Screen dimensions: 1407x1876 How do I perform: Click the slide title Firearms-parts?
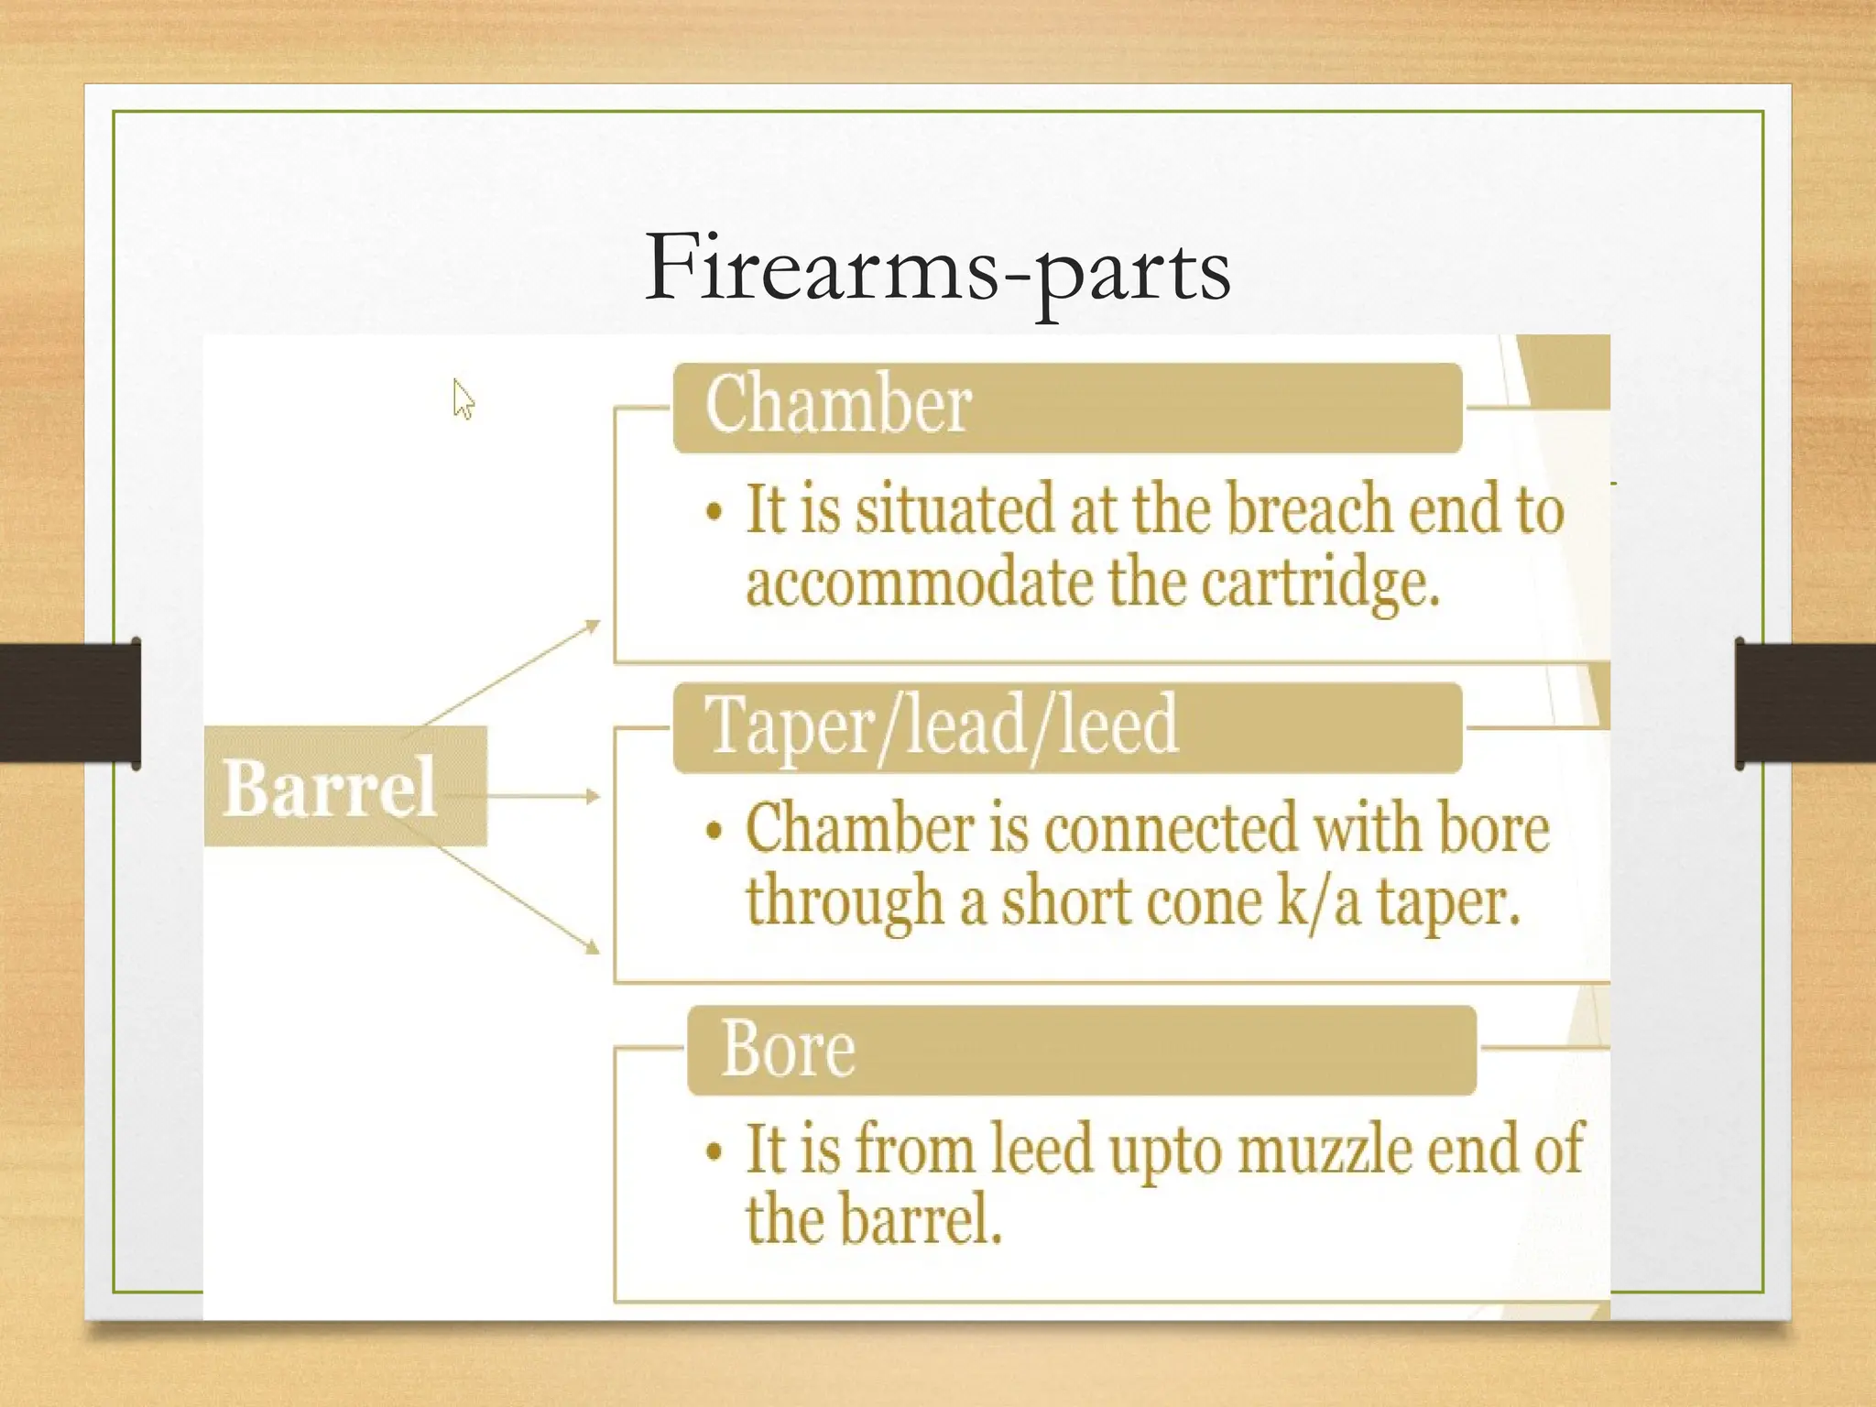937,267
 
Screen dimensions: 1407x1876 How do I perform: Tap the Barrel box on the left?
345,786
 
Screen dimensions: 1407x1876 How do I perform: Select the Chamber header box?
1067,408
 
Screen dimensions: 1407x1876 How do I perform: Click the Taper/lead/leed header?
1067,727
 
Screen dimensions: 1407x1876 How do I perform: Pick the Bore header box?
1081,1050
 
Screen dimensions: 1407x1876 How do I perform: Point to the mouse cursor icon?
463,399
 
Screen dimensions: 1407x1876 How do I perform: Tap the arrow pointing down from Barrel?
522,907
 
